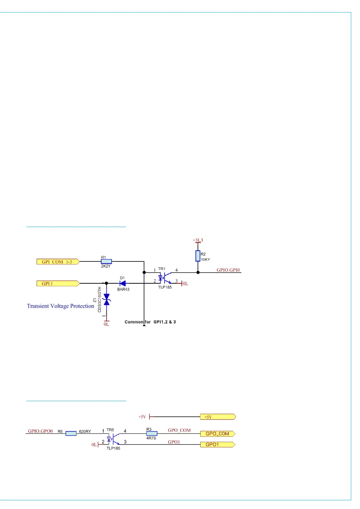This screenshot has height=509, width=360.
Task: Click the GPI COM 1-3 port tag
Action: click(58, 262)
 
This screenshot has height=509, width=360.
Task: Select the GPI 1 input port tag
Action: click(58, 284)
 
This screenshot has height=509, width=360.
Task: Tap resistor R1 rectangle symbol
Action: click(106, 261)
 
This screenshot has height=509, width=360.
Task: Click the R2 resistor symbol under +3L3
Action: click(198, 256)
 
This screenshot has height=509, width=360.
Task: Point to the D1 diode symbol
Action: click(123, 283)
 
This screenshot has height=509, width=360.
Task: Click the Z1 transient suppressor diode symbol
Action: click(106, 299)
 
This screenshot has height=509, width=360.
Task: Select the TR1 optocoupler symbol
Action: click(164, 277)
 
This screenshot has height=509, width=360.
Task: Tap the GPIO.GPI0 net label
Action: click(228, 270)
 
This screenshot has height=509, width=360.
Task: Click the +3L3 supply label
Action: click(198, 240)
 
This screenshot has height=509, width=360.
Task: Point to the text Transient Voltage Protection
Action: click(60, 306)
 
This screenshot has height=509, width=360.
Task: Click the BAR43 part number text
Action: click(123, 289)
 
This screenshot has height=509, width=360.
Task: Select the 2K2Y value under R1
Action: click(106, 266)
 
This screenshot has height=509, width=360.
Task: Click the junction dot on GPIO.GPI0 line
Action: click(198, 272)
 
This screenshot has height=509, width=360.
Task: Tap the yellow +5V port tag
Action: click(218, 417)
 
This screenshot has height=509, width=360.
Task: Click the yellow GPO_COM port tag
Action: click(218, 434)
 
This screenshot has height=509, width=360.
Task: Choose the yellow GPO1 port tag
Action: click(218, 445)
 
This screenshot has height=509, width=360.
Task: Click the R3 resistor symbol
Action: click(152, 433)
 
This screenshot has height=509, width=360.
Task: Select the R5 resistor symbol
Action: click(71, 433)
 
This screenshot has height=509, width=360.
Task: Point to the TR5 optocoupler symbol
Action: click(113, 438)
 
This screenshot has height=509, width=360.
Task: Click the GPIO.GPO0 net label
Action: click(41, 431)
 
